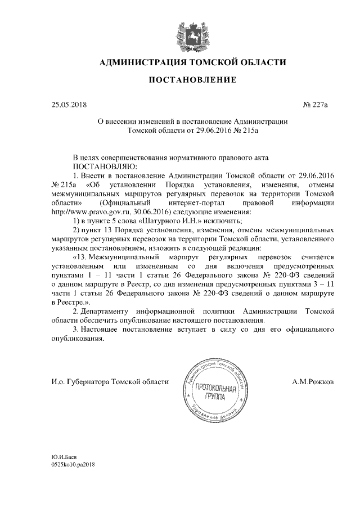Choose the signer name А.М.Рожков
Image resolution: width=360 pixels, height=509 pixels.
click(x=314, y=381)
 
